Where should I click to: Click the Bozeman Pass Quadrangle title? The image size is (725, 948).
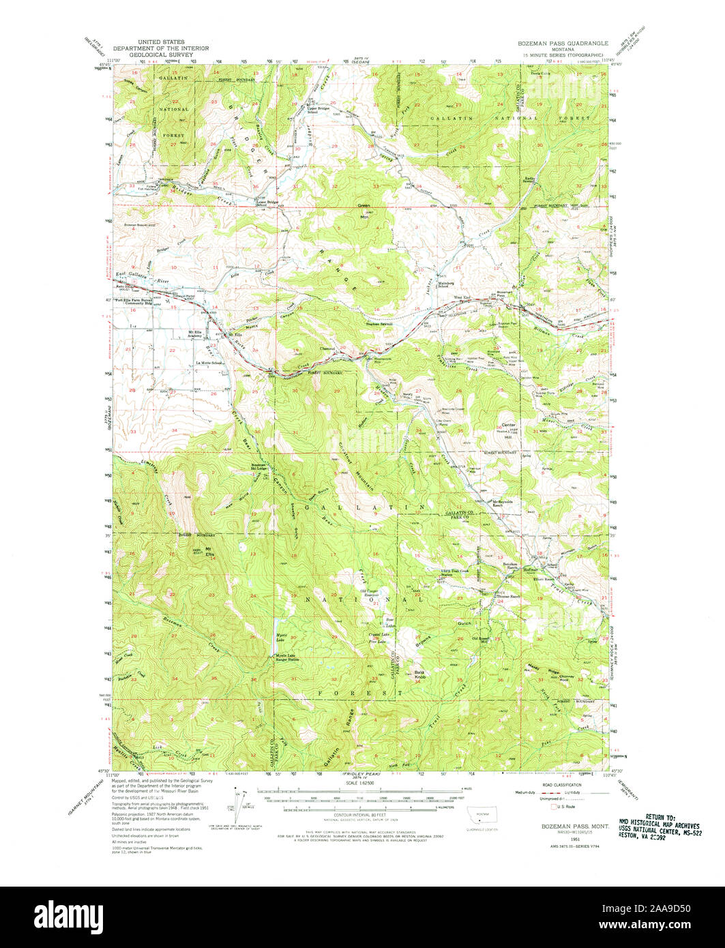pyautogui.click(x=557, y=42)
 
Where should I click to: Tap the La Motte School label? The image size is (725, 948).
pyautogui.click(x=209, y=363)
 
